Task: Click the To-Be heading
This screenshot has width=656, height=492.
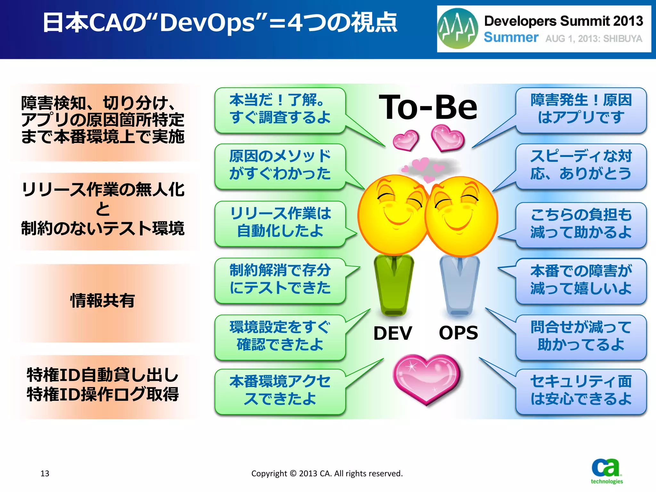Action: pyautogui.click(x=428, y=107)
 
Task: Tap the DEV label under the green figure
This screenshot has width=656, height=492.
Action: pyautogui.click(x=393, y=333)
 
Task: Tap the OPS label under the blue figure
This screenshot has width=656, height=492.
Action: pyautogui.click(x=458, y=333)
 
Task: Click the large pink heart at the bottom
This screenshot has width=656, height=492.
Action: pyautogui.click(x=426, y=378)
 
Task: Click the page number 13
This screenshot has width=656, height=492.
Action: pyautogui.click(x=45, y=473)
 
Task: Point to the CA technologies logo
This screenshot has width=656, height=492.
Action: pyautogui.click(x=606, y=471)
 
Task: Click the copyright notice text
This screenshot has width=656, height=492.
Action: pyautogui.click(x=327, y=473)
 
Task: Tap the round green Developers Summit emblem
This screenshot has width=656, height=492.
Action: pyautogui.click(x=458, y=29)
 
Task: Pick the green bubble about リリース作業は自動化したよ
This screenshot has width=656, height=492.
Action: pyautogui.click(x=280, y=223)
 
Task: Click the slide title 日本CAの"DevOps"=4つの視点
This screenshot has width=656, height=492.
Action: pyautogui.click(x=220, y=23)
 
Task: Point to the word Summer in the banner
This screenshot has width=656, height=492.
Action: pyautogui.click(x=511, y=37)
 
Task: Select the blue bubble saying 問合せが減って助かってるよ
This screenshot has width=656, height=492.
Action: pyautogui.click(x=581, y=336)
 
